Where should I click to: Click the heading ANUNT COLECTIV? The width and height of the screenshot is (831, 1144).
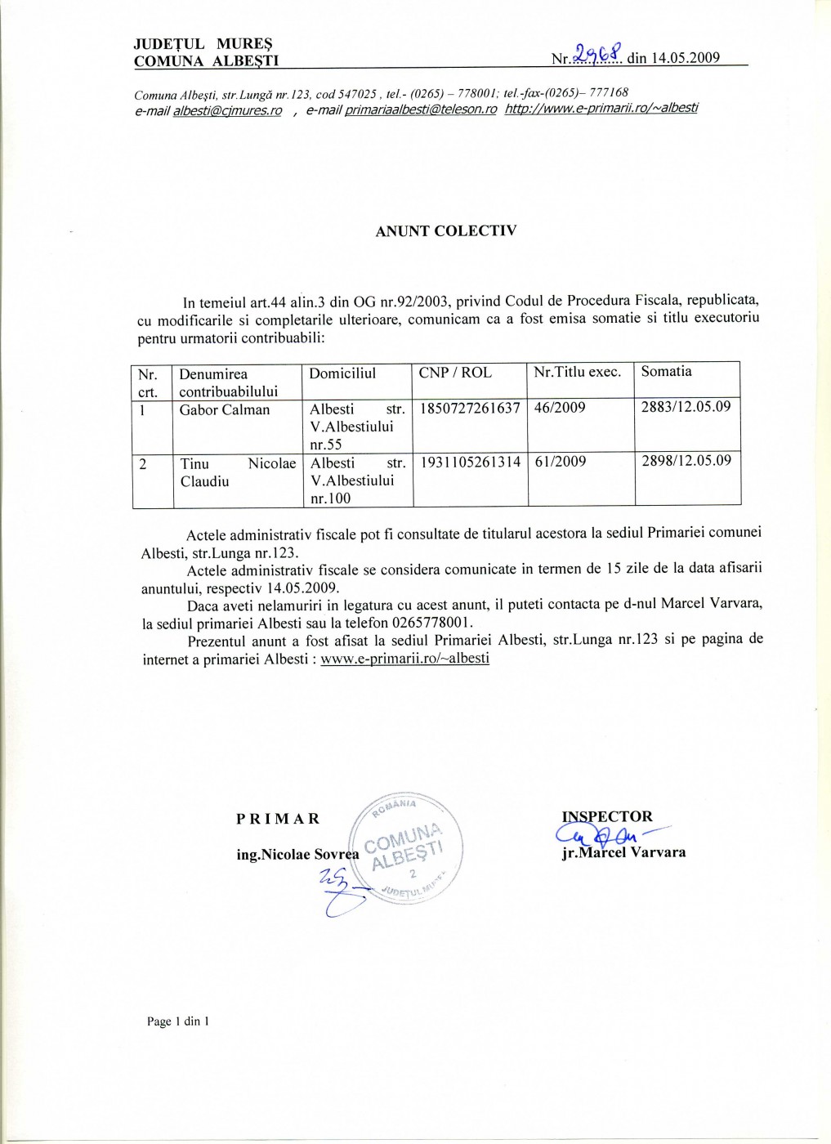[x=445, y=231]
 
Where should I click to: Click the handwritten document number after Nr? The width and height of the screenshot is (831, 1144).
[x=598, y=55]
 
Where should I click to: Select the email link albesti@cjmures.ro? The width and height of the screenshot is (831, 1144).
[x=227, y=111]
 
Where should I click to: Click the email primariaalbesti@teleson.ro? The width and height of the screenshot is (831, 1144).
[x=420, y=109]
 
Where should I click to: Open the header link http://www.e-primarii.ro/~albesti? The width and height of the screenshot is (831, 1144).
[x=601, y=108]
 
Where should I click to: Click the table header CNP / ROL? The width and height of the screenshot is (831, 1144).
[x=455, y=373]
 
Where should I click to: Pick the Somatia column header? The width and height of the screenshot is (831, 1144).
[x=666, y=372]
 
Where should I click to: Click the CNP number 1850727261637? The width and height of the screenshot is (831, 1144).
[x=470, y=408]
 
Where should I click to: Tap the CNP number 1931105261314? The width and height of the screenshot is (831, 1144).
[x=471, y=462]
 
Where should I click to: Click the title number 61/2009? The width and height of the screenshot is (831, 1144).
[x=561, y=462]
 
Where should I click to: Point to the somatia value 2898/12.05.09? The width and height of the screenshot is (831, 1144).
[x=686, y=461]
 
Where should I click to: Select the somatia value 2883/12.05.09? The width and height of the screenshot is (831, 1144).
[x=686, y=407]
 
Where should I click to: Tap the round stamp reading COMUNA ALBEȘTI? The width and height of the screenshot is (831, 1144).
[x=406, y=847]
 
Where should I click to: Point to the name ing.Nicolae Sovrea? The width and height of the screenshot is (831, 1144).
[x=297, y=855]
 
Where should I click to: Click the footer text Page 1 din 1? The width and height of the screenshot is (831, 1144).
[x=178, y=1021]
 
